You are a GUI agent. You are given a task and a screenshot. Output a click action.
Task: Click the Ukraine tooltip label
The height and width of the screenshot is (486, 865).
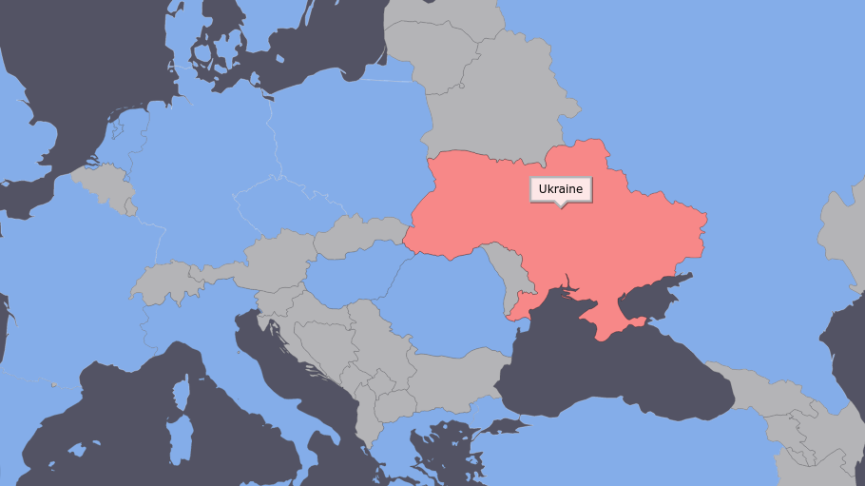point(561,189)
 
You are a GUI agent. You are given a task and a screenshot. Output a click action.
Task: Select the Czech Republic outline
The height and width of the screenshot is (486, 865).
point(285,204)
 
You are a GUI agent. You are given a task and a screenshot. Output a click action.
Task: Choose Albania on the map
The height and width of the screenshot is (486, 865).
point(364,418)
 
